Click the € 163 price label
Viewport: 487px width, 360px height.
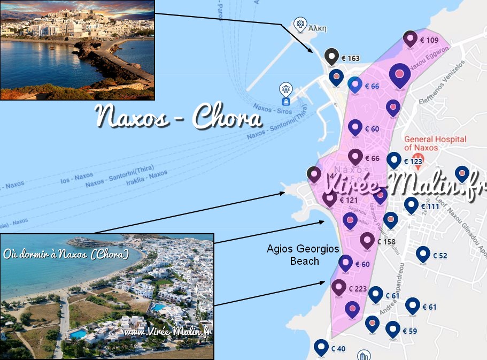(x=350, y=58)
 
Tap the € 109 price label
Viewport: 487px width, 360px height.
(x=429, y=41)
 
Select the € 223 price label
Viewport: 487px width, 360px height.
(x=358, y=289)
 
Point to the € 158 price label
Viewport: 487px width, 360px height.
(x=386, y=242)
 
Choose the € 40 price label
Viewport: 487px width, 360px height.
(x=338, y=349)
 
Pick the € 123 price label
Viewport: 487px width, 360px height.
(x=413, y=162)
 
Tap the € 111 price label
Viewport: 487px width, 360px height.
(x=430, y=206)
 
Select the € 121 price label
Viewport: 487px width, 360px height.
(x=348, y=200)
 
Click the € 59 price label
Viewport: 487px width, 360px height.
(x=409, y=331)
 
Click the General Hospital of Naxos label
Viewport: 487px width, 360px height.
(x=435, y=143)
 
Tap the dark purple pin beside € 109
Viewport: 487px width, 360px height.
(x=410, y=39)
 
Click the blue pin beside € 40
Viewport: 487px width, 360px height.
(x=321, y=348)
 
